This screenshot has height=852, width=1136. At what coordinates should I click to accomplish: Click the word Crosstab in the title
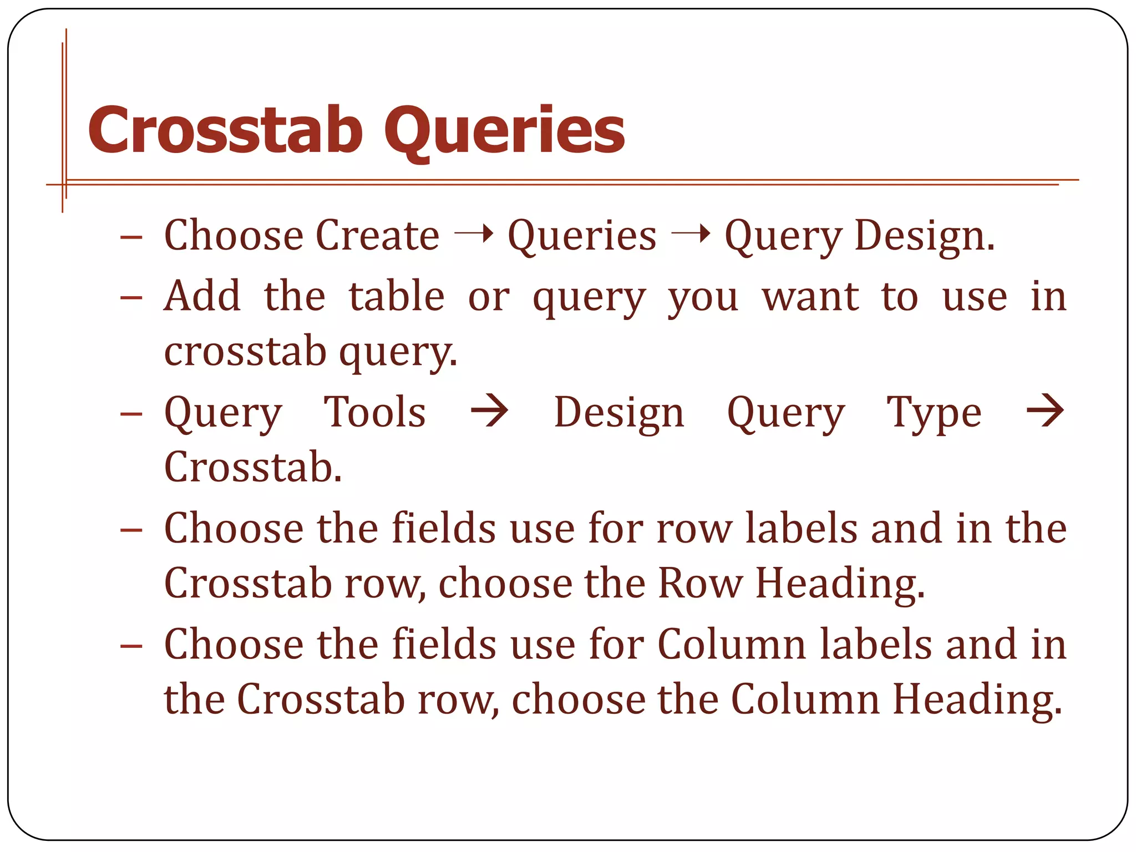(x=225, y=130)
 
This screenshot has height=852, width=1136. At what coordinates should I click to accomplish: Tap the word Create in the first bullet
(x=378, y=235)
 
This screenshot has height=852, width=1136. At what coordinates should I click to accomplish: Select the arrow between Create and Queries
(x=474, y=234)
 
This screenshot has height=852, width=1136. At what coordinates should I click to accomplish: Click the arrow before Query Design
(x=691, y=234)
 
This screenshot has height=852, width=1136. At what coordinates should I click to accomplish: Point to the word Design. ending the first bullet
(x=925, y=236)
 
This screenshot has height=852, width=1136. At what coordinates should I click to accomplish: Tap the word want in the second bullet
(x=810, y=297)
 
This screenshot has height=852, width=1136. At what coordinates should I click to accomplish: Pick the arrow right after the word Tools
(x=489, y=411)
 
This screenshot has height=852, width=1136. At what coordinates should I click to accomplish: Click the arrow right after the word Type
(x=1045, y=411)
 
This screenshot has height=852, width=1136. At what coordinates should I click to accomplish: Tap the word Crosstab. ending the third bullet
(x=253, y=467)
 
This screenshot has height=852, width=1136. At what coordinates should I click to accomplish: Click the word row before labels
(x=694, y=528)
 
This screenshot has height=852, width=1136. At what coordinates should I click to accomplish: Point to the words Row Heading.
(x=791, y=584)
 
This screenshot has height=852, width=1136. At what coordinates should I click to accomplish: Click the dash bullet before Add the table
(x=131, y=298)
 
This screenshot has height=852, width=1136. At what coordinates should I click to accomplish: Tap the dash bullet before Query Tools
(x=131, y=414)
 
